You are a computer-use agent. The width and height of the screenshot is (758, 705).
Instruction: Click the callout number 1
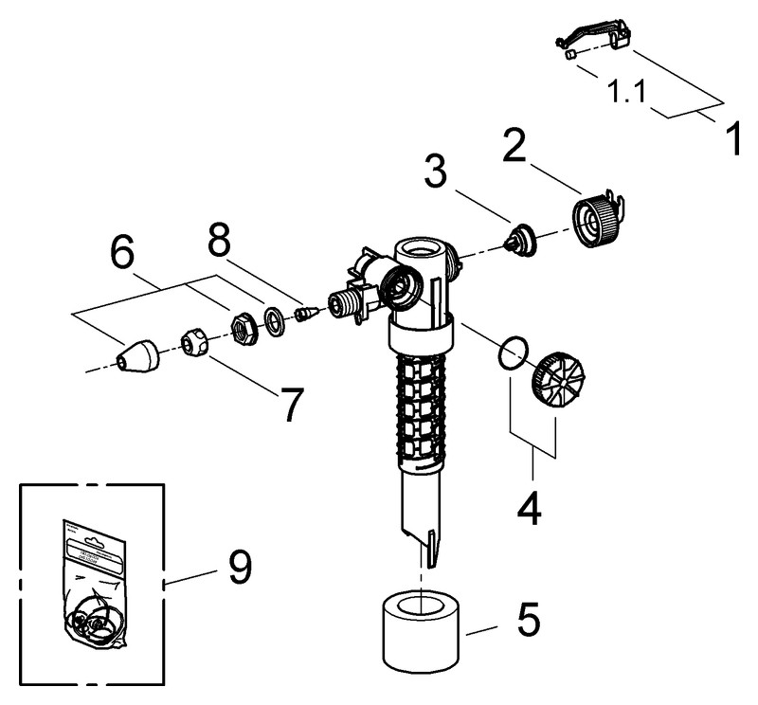point(731,137)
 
